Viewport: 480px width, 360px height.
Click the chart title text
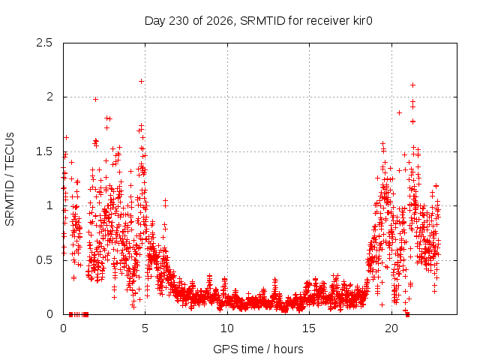coord(258,21)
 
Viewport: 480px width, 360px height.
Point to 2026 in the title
coord(219,21)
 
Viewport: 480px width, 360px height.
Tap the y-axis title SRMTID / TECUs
coord(10,179)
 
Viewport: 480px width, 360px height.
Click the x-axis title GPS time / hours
coord(258,349)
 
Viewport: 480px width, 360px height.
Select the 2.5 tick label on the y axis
coord(44,43)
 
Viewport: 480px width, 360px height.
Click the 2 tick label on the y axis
coord(49,97)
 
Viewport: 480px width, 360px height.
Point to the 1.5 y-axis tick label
coord(44,151)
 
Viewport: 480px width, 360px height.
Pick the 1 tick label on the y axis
coord(49,205)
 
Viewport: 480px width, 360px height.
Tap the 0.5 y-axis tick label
coord(44,260)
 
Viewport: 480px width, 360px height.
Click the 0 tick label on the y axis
coord(49,314)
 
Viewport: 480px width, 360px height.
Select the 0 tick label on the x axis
coord(63,328)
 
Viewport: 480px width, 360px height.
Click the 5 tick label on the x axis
coord(145,328)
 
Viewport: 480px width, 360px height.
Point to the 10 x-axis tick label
coord(227,328)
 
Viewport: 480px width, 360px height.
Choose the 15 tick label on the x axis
coord(309,328)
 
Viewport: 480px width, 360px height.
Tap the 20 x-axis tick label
coord(391,328)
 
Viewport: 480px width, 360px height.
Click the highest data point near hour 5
coord(141,82)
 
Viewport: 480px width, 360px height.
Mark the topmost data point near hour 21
coord(412,85)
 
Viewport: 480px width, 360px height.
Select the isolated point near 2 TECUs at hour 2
coord(95,99)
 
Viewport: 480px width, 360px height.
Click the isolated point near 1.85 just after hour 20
coord(399,113)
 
